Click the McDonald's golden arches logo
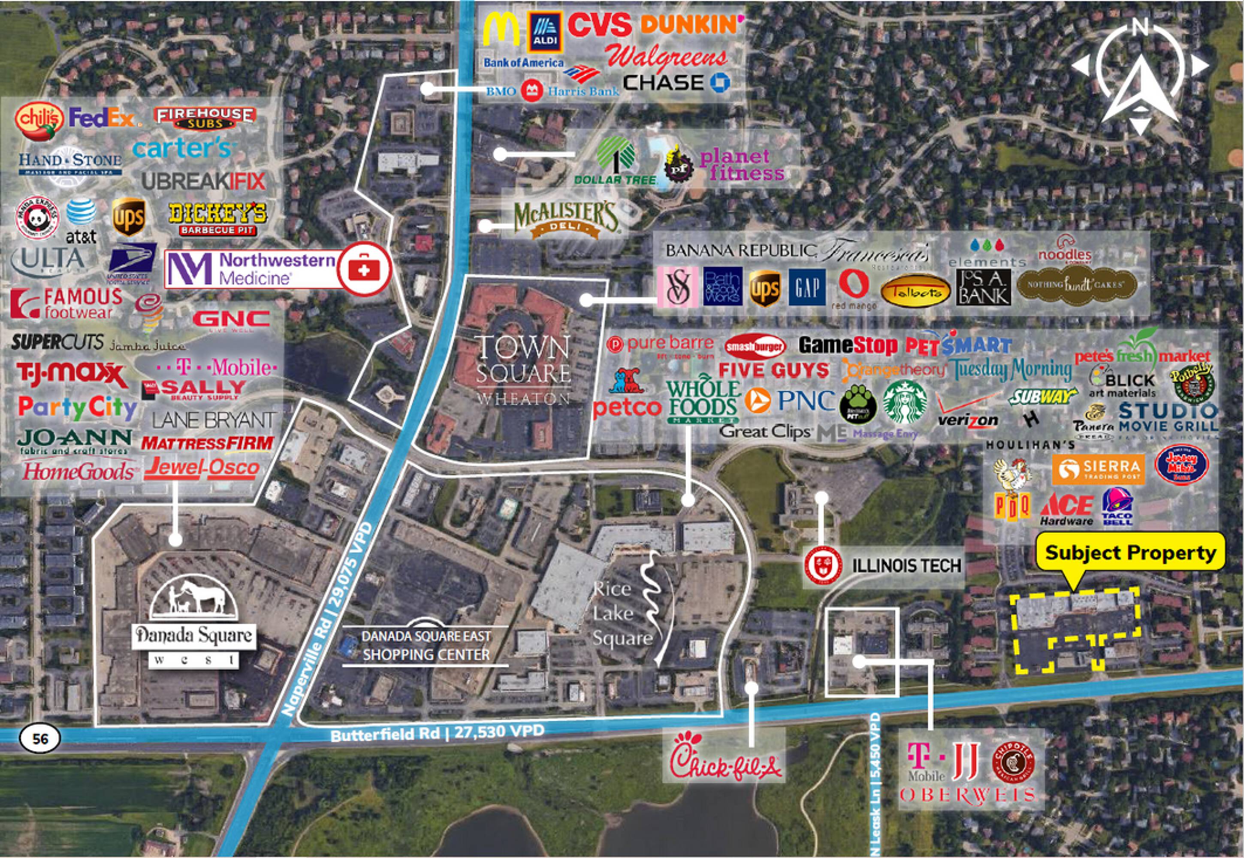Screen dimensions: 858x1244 [x=501, y=30]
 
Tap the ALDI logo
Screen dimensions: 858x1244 [x=545, y=33]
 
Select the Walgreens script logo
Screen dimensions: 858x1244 [x=667, y=57]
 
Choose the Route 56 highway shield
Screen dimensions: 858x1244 [x=40, y=738]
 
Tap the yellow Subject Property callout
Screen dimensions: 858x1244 [x=1130, y=553]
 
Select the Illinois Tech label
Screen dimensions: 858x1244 [x=906, y=565]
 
